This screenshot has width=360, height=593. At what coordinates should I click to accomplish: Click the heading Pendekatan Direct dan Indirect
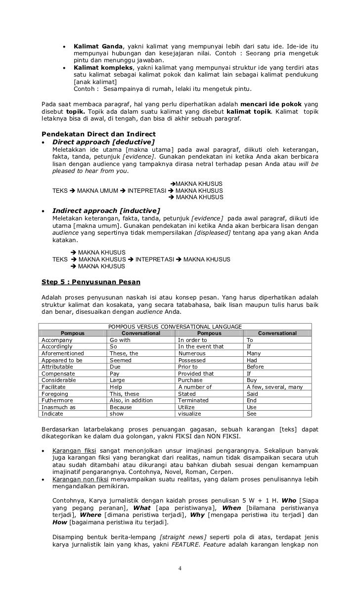pos(98,134)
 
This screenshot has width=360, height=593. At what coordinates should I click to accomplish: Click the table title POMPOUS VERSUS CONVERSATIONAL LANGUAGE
pos(175,327)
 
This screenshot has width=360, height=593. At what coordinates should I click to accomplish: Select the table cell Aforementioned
pos(63,353)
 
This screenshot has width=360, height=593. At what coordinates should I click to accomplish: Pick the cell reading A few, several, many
pos(274,387)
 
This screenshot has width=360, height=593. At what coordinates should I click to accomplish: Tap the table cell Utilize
pos(188,407)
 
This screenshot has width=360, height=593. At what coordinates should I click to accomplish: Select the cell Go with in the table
pos(120,340)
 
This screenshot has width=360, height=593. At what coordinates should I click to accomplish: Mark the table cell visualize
pos(190,414)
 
